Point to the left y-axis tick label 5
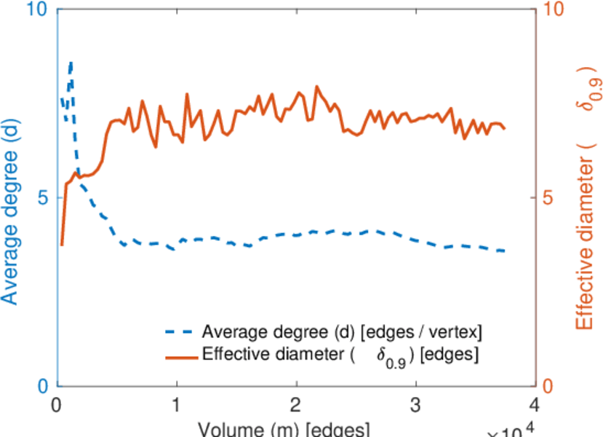pos(41,198)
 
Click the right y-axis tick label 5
pos(550,198)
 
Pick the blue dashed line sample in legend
pos(180,333)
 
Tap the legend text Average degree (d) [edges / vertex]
pos(342,333)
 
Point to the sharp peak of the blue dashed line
pos(71,63)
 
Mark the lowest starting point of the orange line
pos(62,245)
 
